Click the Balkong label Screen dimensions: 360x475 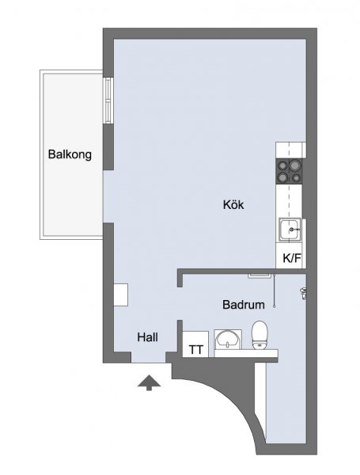pos(70,154)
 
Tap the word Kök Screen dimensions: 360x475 pos(233,204)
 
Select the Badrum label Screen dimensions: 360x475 pos(244,305)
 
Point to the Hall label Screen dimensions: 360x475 pos(147,337)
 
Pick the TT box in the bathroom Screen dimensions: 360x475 pos(195,344)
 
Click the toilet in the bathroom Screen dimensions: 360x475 pos(260,335)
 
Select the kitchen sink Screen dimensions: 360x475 pos(290,230)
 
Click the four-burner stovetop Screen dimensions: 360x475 pos(289,172)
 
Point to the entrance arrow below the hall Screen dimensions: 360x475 pos(149,382)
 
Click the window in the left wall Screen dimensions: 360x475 pos(108,101)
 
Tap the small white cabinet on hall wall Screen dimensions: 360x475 pos(121,294)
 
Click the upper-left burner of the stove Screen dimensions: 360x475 pos(283,165)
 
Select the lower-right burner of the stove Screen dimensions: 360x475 pos(296,177)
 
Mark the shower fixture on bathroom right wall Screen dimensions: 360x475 pos(302,293)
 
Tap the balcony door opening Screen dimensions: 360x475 pos(108,196)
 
